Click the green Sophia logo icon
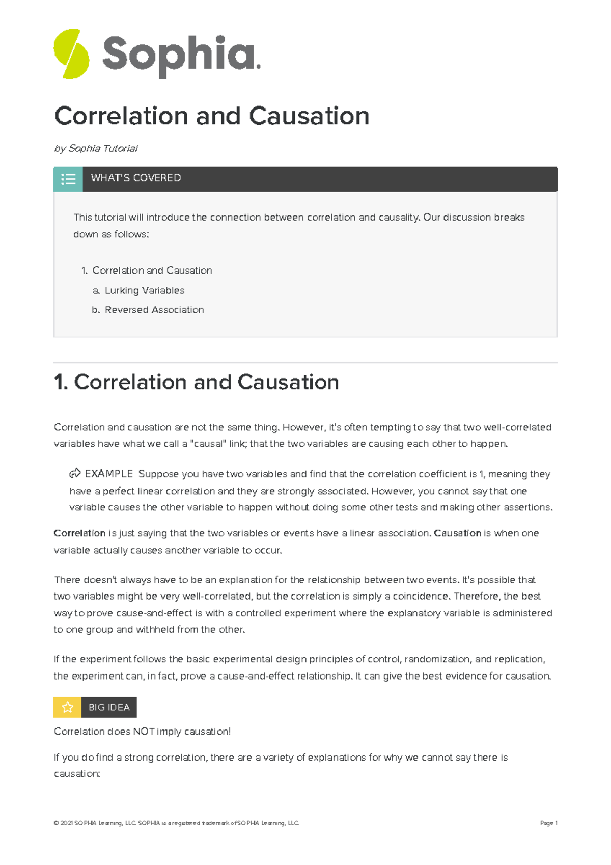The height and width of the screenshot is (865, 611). [71, 54]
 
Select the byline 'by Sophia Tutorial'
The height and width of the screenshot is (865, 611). [96, 148]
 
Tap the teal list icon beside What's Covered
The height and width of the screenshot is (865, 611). [68, 179]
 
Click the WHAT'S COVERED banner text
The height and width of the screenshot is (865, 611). [135, 178]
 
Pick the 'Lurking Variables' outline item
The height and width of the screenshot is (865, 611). [145, 290]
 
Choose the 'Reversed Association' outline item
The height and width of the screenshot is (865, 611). [154, 310]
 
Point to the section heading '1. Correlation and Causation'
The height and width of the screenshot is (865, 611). [197, 382]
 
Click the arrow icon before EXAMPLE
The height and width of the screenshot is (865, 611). [75, 474]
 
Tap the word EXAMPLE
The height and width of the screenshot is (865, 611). [108, 474]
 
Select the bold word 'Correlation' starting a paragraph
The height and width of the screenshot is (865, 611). [79, 533]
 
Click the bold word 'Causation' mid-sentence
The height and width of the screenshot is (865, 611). [457, 533]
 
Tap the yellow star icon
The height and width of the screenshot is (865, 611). [67, 707]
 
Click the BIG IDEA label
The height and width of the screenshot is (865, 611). [109, 707]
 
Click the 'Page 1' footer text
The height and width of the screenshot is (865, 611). [548, 823]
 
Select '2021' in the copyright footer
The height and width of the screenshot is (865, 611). [66, 823]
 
